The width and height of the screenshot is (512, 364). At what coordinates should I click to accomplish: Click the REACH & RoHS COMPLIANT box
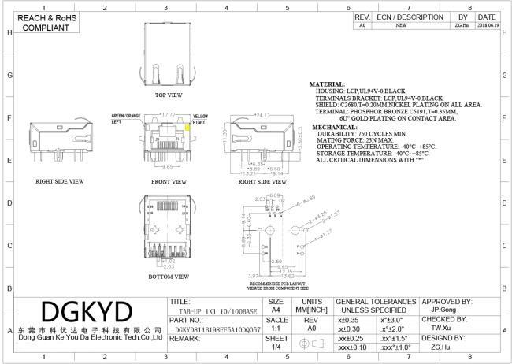[39, 21]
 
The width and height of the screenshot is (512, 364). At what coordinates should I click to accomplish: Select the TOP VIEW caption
[169, 94]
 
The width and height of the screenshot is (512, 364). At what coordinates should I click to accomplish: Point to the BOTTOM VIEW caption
[169, 277]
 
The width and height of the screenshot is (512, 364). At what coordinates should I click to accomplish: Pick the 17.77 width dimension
[167, 114]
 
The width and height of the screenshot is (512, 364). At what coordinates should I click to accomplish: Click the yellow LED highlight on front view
[187, 126]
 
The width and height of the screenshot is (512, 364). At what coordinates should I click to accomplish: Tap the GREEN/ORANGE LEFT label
[125, 119]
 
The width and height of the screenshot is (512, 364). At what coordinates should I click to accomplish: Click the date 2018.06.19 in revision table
[486, 25]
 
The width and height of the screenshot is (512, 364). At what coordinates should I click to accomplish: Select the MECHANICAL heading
[334, 127]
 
